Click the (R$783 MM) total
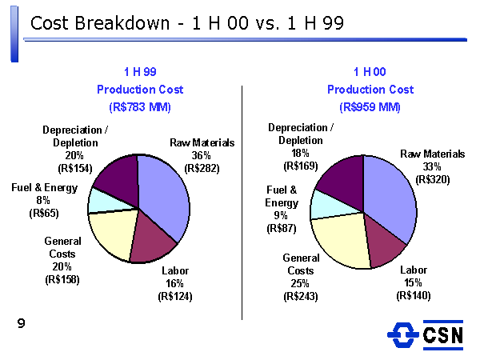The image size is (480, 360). click(140, 107)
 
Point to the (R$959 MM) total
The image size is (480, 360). click(370, 107)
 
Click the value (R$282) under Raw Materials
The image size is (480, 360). click(202, 168)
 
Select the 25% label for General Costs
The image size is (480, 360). click(300, 283)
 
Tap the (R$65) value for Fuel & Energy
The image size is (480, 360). click(44, 213)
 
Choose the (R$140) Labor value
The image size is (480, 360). click(414, 295)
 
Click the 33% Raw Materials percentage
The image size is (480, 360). click(432, 166)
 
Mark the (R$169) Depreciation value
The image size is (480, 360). click(301, 166)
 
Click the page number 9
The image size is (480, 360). click(21, 323)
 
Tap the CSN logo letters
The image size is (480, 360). click(443, 335)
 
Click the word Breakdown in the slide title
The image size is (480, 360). click(122, 23)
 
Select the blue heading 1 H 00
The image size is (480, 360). click(370, 72)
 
